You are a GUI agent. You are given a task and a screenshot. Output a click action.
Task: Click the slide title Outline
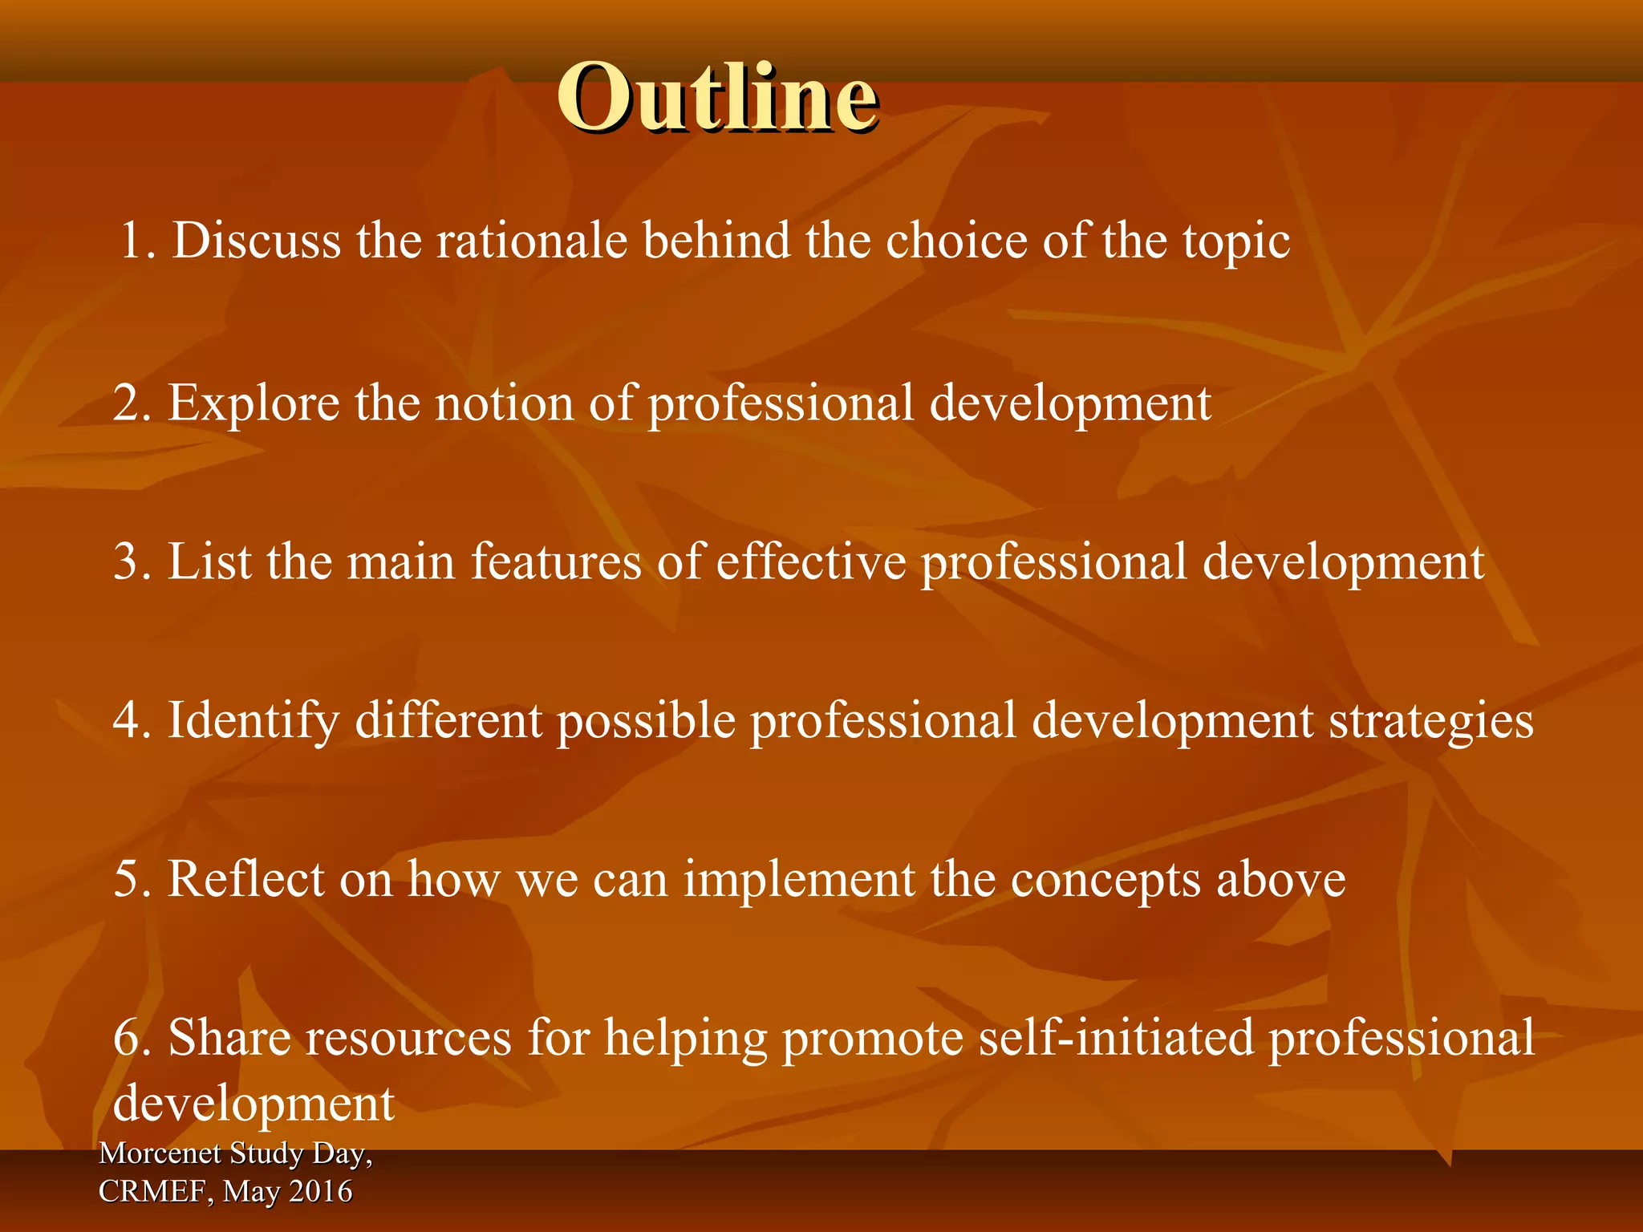click(x=717, y=97)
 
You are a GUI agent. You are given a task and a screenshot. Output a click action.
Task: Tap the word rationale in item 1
click(x=531, y=241)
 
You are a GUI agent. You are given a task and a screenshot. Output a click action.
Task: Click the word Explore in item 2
click(x=254, y=403)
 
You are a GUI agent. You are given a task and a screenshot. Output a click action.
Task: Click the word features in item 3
click(x=556, y=561)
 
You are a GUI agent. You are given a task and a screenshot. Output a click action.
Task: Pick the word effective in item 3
click(x=810, y=561)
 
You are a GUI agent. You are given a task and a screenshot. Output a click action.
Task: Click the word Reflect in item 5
click(x=245, y=879)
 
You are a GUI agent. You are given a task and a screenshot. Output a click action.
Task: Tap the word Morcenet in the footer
click(x=160, y=1153)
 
